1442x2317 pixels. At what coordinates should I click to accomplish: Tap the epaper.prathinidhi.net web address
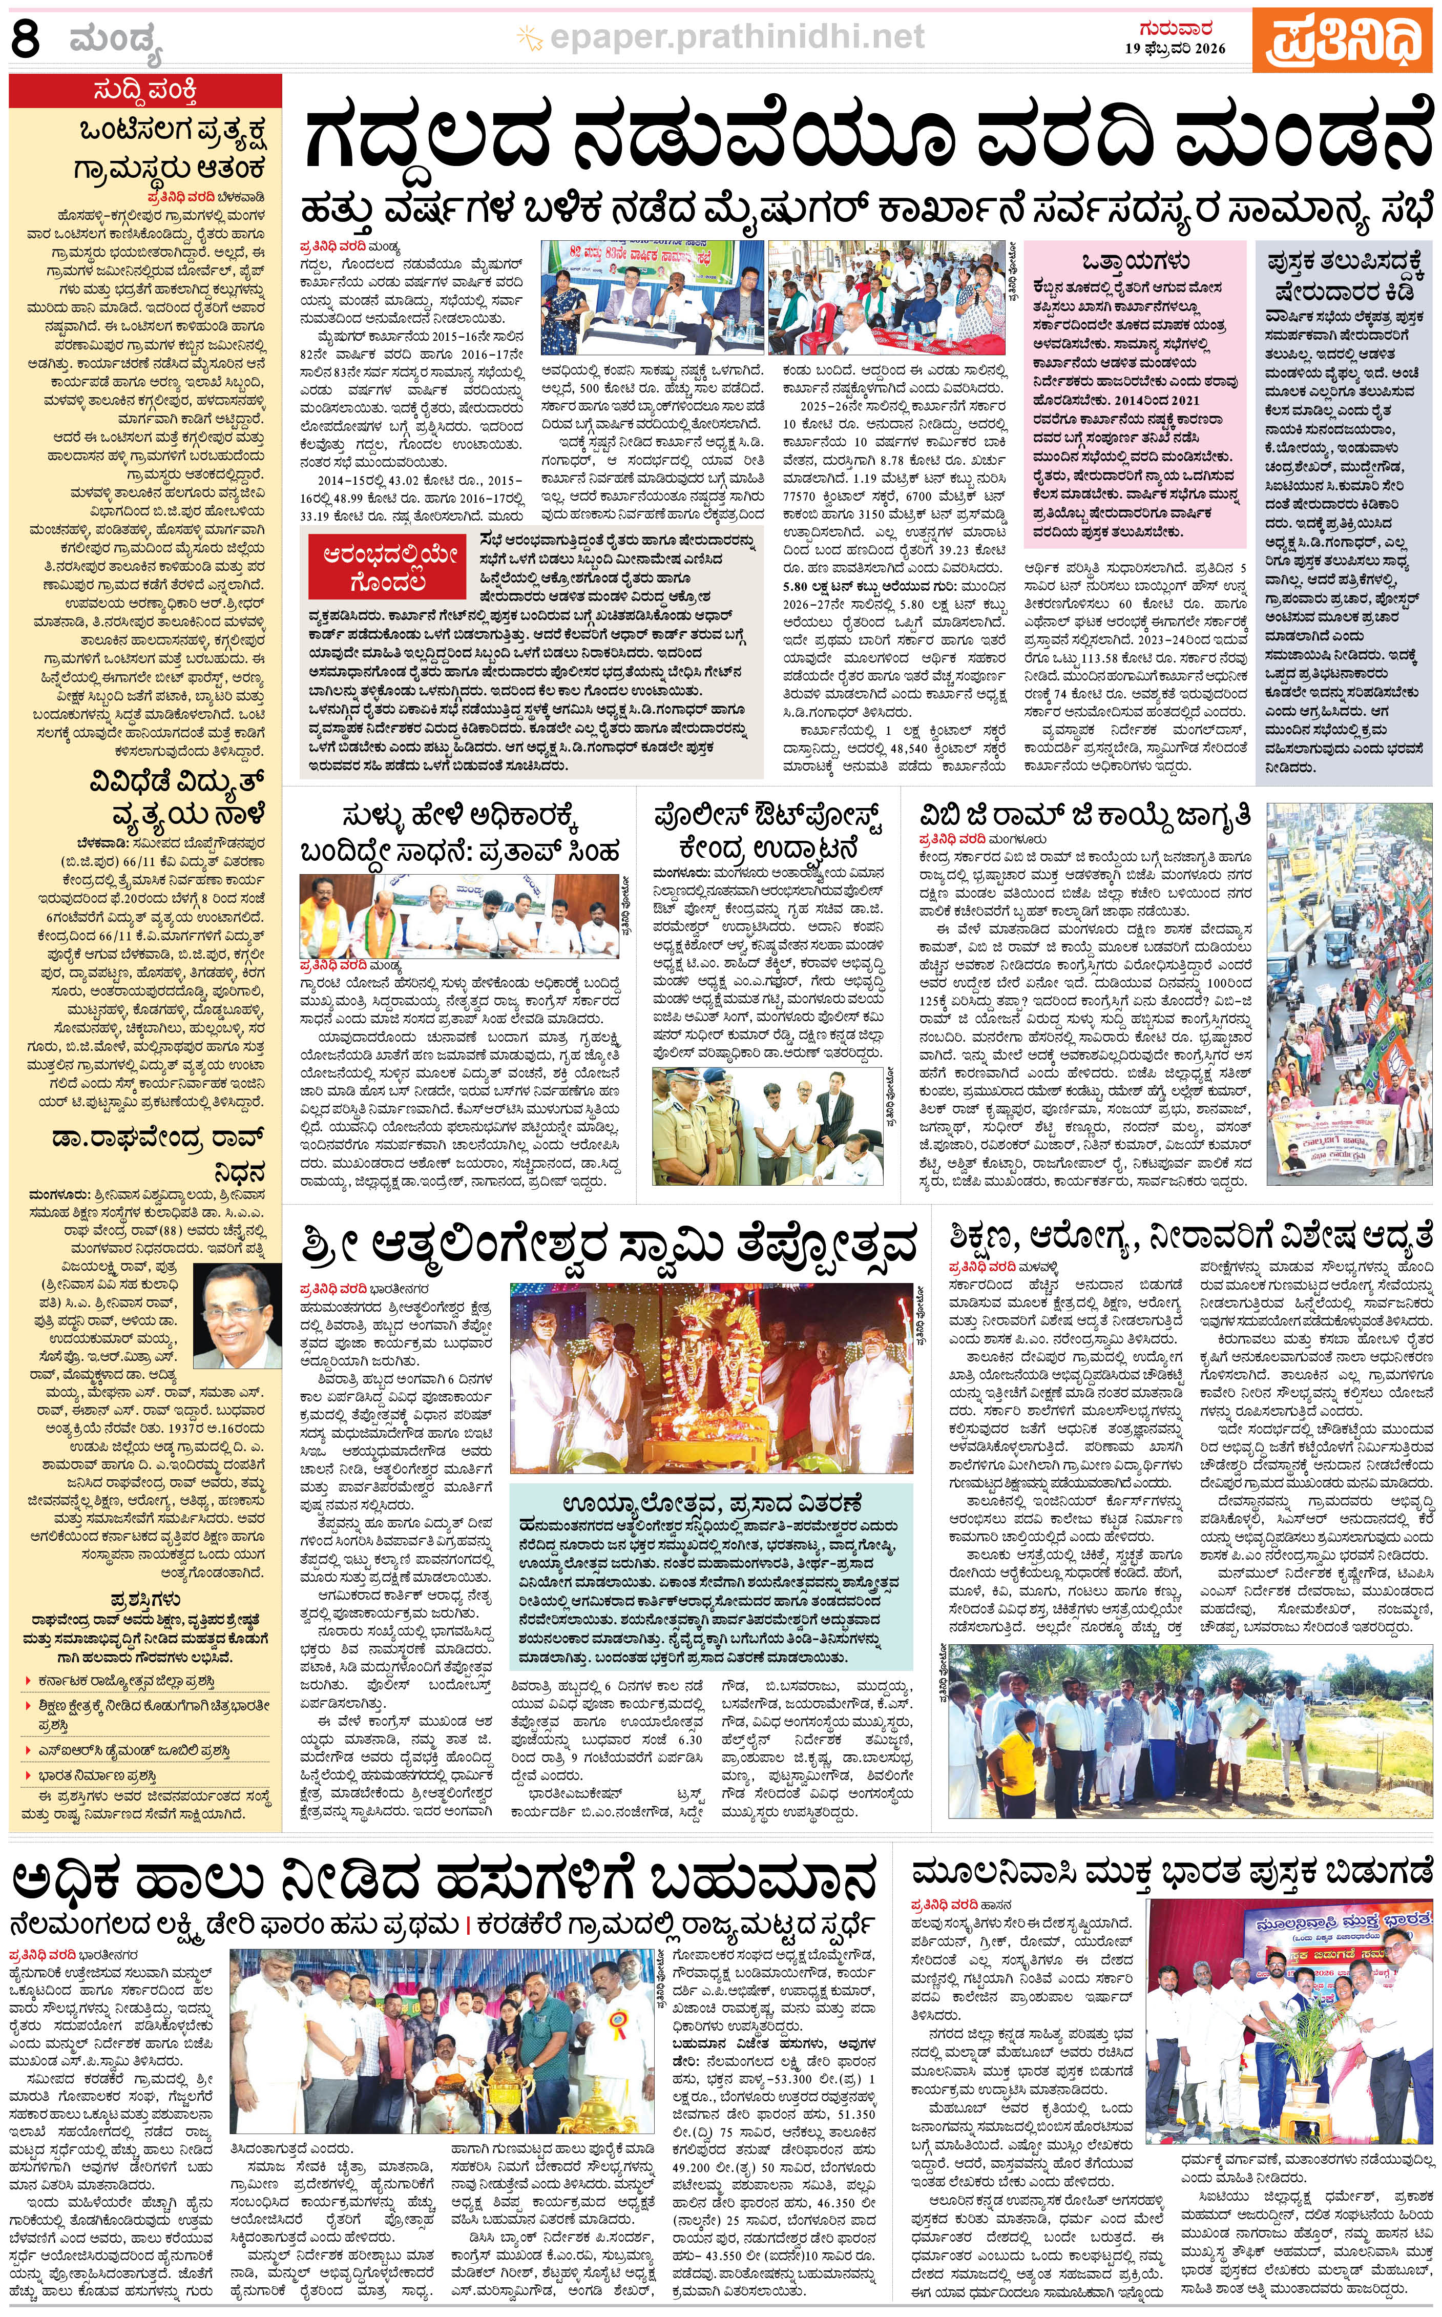(721, 37)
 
